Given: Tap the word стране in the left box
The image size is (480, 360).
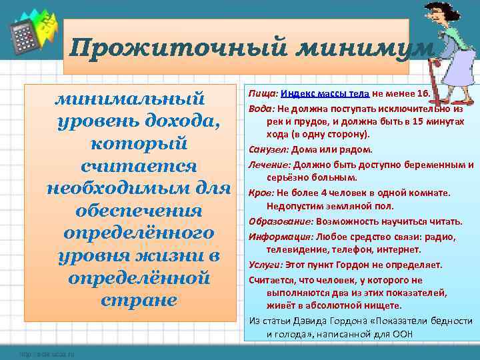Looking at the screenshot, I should [x=139, y=300].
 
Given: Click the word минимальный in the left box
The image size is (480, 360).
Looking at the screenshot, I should [x=129, y=99].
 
